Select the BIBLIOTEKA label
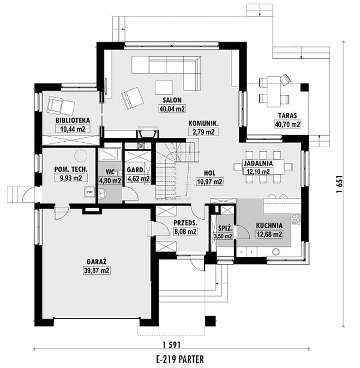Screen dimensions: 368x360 (73, 121)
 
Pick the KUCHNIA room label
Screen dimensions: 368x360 (269, 225)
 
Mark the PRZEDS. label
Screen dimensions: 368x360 (185, 223)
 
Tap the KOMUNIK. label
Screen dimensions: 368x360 (203, 123)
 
